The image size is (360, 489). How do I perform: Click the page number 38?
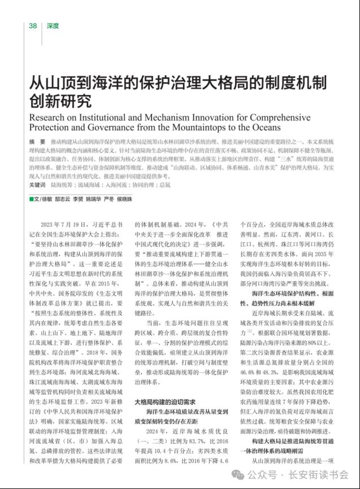(x=33, y=26)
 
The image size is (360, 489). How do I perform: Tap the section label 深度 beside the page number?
(x=53, y=26)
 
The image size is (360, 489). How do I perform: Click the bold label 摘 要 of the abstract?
(x=37, y=141)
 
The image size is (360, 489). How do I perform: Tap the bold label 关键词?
(x=37, y=185)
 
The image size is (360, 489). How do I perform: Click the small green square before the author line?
(x=32, y=199)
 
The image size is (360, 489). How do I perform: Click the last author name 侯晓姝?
(x=123, y=199)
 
